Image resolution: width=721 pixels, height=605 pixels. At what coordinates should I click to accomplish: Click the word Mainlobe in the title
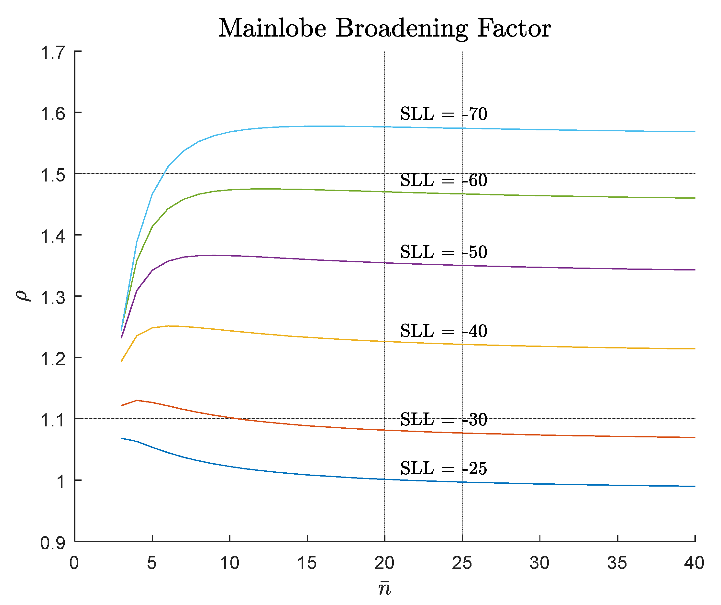coord(272,28)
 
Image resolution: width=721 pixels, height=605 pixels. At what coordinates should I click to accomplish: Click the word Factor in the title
coord(514,28)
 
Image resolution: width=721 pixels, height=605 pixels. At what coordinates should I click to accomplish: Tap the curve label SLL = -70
coord(443,114)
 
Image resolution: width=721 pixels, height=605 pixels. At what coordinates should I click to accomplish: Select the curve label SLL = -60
coord(443,181)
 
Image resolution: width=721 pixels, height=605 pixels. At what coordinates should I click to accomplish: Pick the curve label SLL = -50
coord(443,252)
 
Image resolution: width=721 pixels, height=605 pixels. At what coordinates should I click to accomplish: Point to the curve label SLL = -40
coord(443,331)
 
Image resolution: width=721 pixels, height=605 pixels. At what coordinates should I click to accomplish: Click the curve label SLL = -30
coord(443,420)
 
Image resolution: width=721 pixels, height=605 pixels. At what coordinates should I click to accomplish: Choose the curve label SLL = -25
coord(443,468)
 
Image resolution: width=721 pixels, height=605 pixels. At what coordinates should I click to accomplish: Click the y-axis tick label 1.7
coord(52,53)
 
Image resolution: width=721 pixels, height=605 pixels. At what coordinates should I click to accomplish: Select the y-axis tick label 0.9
coord(52,543)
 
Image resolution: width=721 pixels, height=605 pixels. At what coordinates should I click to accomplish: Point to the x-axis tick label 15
coord(307,563)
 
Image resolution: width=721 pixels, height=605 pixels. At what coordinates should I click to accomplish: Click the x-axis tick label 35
coord(617,563)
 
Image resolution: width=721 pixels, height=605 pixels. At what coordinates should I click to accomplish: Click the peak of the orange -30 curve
coord(137,400)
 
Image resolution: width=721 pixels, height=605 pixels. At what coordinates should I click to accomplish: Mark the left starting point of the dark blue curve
coord(122,438)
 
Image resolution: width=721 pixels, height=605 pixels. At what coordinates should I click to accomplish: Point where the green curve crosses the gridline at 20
coord(384,192)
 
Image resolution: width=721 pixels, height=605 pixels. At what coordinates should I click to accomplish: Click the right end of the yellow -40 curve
coord(694,349)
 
